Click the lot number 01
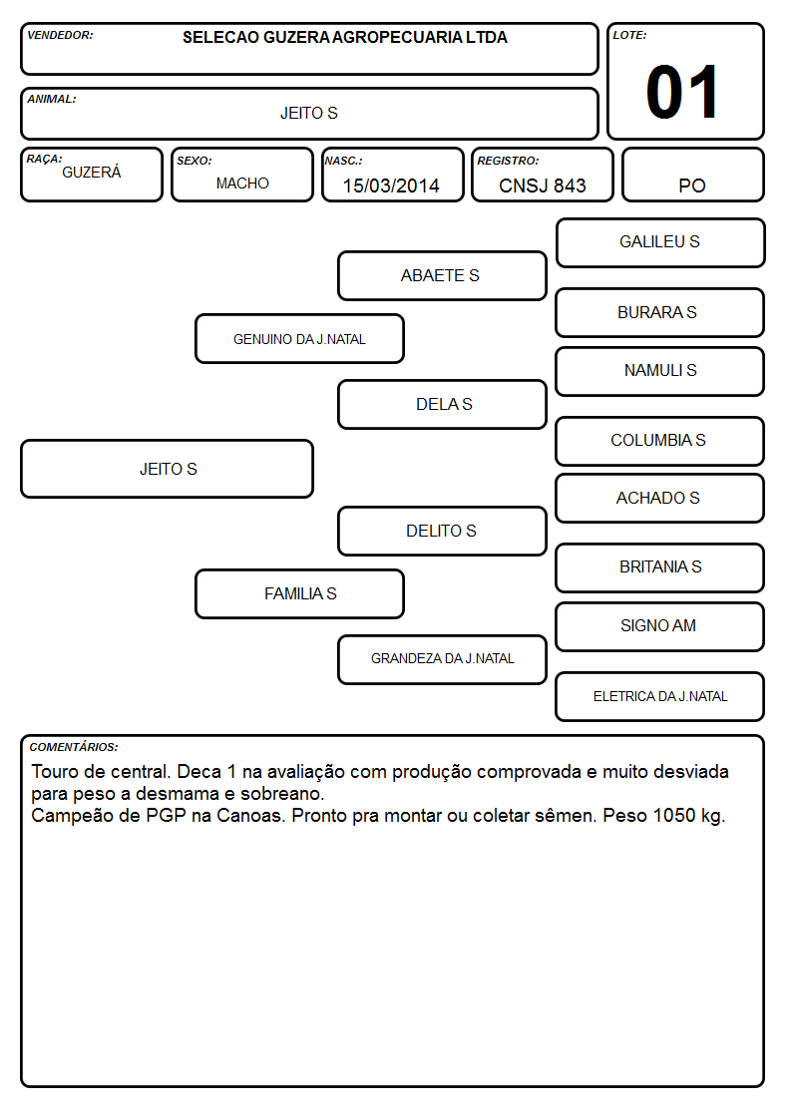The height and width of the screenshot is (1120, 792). [682, 92]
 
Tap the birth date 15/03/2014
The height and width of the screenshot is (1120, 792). [391, 186]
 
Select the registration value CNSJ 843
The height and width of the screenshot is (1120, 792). [542, 186]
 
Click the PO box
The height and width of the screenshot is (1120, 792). [692, 175]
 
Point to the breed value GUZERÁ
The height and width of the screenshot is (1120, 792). [92, 172]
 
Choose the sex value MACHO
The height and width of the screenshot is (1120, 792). [242, 184]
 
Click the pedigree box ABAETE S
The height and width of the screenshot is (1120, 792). [442, 275]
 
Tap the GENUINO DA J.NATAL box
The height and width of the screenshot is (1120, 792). [299, 338]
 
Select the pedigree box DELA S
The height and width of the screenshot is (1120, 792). [442, 404]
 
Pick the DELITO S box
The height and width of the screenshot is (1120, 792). [442, 531]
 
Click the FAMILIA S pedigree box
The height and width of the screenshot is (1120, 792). [299, 593]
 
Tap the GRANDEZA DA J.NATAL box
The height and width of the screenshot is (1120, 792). [442, 659]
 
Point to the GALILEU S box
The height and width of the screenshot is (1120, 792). [660, 243]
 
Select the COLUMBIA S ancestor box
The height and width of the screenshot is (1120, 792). [660, 441]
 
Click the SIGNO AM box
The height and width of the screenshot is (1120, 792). [660, 626]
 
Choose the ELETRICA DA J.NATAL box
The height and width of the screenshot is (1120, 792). [660, 696]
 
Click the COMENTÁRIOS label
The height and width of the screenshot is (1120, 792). [74, 747]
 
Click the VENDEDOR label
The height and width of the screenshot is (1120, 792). [60, 35]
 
